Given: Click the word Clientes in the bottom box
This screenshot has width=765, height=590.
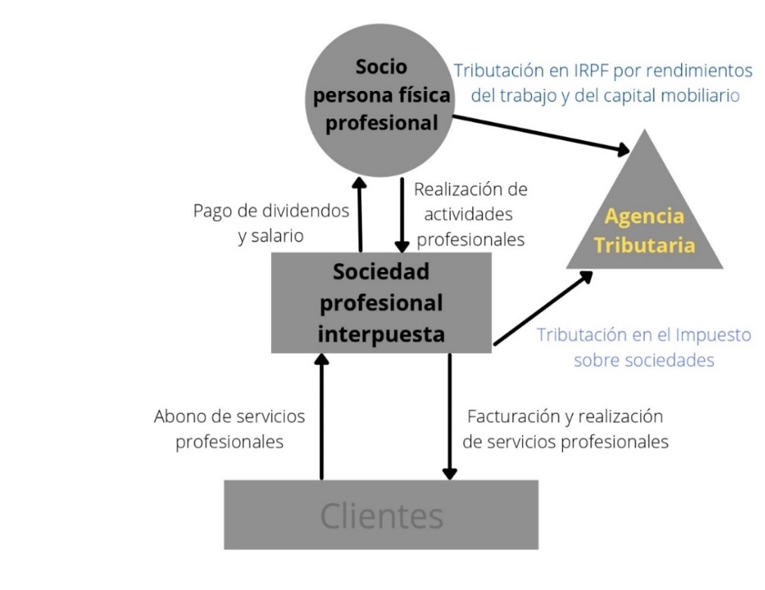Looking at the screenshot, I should pyautogui.click(x=381, y=516).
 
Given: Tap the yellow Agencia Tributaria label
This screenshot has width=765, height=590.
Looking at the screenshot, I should pyautogui.click(x=644, y=231).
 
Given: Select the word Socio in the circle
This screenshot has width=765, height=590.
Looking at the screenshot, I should pyautogui.click(x=381, y=67).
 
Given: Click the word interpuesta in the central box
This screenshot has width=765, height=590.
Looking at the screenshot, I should pyautogui.click(x=381, y=333).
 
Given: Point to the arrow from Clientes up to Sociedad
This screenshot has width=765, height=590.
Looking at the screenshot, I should pyautogui.click(x=322, y=417).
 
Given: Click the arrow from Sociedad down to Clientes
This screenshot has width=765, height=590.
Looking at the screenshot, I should pyautogui.click(x=449, y=417).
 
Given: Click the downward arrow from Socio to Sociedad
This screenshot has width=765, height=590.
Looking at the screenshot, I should pyautogui.click(x=402, y=216).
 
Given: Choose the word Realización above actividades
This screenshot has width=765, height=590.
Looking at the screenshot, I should pyautogui.click(x=471, y=189).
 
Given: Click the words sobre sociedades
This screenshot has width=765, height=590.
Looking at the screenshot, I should pyautogui.click(x=643, y=360).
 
